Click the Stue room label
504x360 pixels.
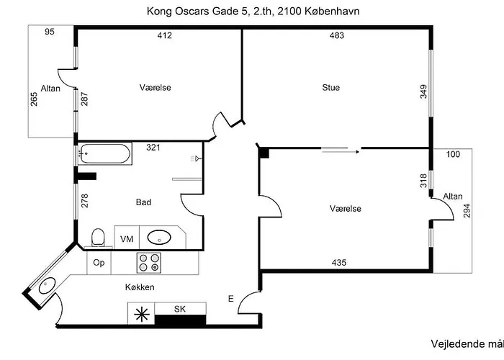pos(330,88)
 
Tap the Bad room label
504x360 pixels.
pos(144,202)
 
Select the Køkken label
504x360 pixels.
pos(139,287)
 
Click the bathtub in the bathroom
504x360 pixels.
pos(105,152)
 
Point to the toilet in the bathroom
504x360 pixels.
pos(99,236)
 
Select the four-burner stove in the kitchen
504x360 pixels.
pos(149,263)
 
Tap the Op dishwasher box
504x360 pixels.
pos(99,264)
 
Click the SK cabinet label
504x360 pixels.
pos(180,309)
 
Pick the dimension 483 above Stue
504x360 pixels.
pos(336,35)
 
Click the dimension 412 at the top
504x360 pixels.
pos(165,35)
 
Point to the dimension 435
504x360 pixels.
pos(338,263)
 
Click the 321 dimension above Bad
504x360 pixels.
pos(152,148)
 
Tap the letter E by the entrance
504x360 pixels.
pos(231,298)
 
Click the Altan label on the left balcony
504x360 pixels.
pos(51,89)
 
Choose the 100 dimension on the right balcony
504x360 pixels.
pos(452,155)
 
